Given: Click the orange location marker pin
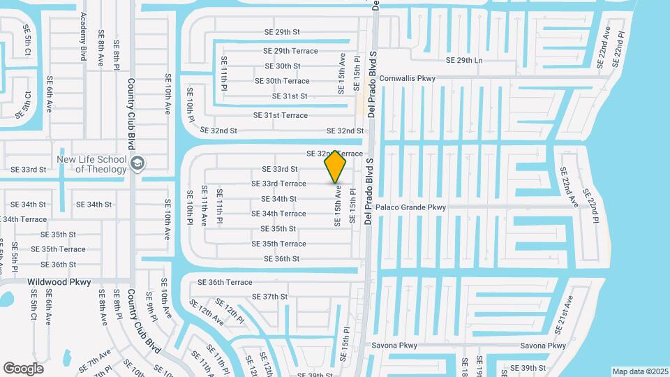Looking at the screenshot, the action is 336,166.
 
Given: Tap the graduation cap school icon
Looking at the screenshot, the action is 137,163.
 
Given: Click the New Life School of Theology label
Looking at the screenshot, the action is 92,164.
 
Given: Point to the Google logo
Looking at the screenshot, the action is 23,368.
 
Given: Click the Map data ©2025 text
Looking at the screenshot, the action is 640,371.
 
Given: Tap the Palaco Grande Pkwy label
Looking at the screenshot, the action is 410,207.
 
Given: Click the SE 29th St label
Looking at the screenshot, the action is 282,32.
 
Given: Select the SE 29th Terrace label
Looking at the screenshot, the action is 290,51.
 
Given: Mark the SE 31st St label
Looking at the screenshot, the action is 285,96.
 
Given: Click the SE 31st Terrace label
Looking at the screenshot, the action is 280,115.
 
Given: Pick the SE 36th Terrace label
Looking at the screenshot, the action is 225,282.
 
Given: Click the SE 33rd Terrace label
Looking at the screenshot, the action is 278,184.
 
